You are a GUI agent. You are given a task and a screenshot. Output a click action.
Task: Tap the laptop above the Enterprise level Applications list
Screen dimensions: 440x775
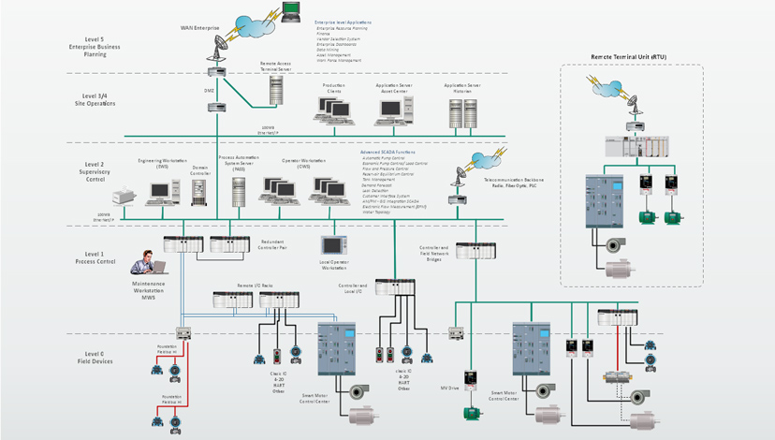click(x=293, y=10)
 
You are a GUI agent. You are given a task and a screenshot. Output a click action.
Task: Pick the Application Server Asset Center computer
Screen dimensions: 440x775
click(x=391, y=110)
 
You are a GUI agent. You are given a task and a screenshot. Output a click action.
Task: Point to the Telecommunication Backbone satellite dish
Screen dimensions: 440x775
click(x=461, y=175)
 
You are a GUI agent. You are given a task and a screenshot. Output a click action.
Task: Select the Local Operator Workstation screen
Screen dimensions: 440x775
click(x=341, y=245)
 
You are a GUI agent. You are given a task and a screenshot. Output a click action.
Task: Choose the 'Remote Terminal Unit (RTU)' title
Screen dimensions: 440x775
click(x=629, y=57)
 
